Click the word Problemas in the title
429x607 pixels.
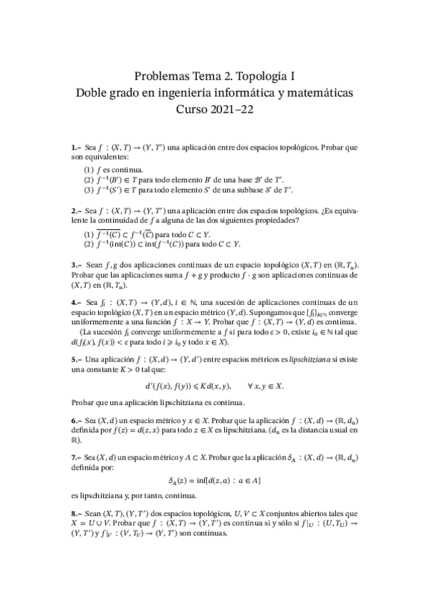162,75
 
